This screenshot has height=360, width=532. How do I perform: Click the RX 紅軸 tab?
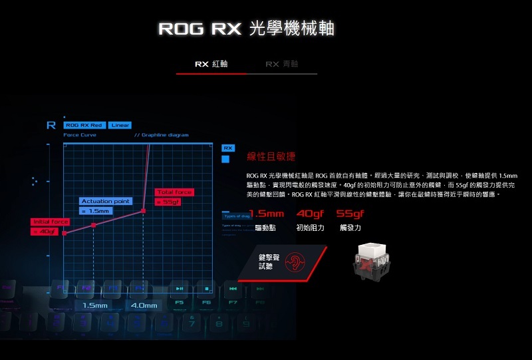pos(211,64)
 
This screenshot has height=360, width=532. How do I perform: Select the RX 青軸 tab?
pos(281,64)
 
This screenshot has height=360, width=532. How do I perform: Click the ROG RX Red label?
pos(84,125)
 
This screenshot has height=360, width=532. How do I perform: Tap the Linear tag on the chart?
pos(120,125)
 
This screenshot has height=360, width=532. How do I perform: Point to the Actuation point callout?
pos(105,201)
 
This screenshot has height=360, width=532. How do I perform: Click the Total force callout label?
pos(175,192)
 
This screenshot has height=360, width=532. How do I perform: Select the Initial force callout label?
pos(50,222)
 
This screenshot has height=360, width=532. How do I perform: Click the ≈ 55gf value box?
pos(168,202)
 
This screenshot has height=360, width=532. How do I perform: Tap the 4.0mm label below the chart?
pos(144,305)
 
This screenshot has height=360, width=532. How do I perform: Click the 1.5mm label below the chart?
pos(95,305)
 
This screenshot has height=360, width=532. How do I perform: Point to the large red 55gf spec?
pos(350,214)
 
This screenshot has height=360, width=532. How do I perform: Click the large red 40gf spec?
pos(310,214)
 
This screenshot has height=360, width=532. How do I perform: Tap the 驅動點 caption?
pos(265,228)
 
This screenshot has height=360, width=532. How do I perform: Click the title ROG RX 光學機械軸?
pos(246,29)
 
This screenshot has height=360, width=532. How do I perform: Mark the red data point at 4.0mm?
pos(144,212)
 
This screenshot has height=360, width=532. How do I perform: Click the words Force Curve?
pos(80,135)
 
